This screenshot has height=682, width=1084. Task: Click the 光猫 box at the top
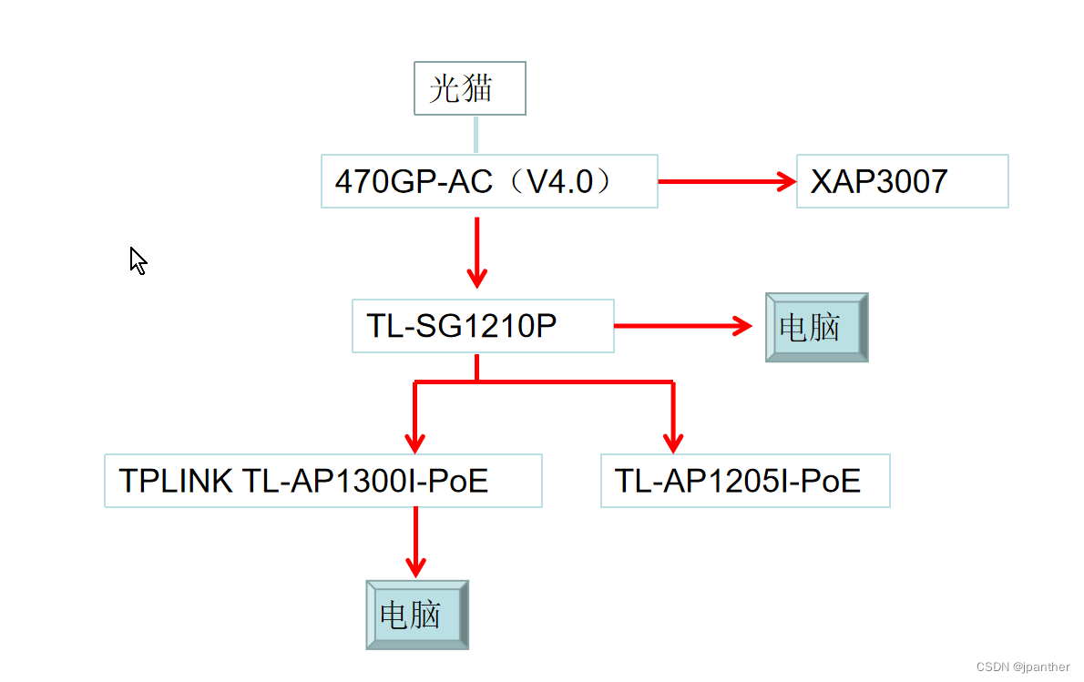469,88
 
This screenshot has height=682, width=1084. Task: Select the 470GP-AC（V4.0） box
488,181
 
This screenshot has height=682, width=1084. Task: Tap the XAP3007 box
902,181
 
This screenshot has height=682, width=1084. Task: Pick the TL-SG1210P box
483,326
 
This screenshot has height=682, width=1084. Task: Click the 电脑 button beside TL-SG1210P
816,327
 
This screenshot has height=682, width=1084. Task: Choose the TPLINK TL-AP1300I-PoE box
322,481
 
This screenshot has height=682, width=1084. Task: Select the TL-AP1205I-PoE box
744,481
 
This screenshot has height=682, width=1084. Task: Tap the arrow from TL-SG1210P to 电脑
683,326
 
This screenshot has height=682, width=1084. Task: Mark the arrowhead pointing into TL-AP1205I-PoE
673,443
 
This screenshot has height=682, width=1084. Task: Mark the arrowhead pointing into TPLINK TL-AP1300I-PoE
415,443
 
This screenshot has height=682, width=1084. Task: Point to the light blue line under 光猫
475,134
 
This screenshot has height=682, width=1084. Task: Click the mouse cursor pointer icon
138,260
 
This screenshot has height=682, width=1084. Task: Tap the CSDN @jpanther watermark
1023,667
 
